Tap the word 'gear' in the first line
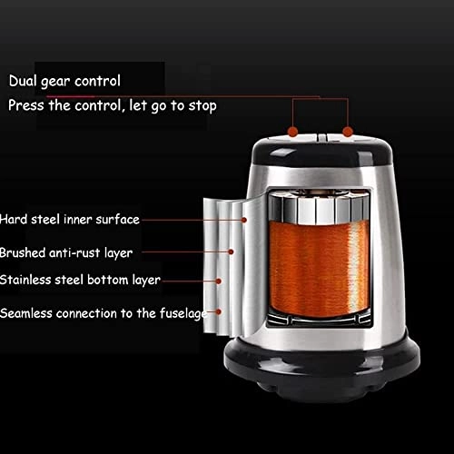pyautogui.click(x=62, y=81)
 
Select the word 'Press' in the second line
pyautogui.click(x=26, y=104)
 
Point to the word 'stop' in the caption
pyautogui.click(x=201, y=104)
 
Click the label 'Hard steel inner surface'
pyautogui.click(x=70, y=219)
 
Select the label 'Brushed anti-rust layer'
pyautogui.click(x=66, y=252)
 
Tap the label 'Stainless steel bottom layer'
pyautogui.click(x=80, y=281)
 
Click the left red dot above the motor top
pyautogui.click(x=294, y=132)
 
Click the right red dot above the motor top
pyautogui.click(x=348, y=132)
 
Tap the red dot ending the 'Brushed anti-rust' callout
pyautogui.click(x=232, y=252)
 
